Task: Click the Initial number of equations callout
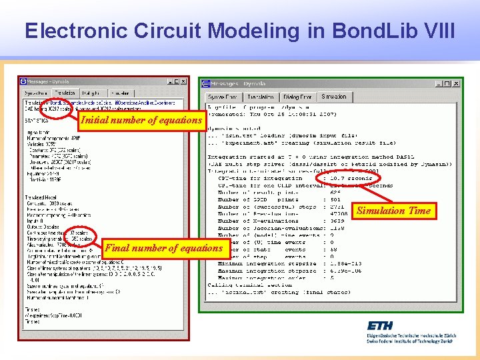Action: click(x=141, y=120)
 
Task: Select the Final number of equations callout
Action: click(x=164, y=248)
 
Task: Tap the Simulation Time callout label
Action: click(x=394, y=211)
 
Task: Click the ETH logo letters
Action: click(x=379, y=326)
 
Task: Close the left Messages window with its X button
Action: click(x=183, y=82)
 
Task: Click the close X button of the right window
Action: click(x=456, y=84)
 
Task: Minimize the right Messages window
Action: click(x=439, y=84)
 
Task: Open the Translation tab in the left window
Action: click(x=65, y=93)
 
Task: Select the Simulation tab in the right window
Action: click(x=333, y=97)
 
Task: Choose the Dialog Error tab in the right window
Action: click(x=297, y=97)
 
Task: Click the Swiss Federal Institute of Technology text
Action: click(x=409, y=340)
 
